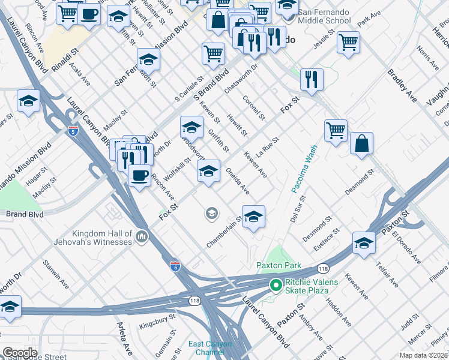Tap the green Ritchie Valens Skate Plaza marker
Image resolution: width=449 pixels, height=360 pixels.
pos(276,285)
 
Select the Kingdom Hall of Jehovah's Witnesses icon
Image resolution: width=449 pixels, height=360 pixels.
pos(142,237)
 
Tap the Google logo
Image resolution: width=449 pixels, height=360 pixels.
pos(19,353)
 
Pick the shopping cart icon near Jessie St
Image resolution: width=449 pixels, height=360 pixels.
pos(348,43)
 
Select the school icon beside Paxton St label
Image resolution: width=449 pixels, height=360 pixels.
pos(364,243)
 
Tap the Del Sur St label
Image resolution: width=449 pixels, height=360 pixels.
pos(298,209)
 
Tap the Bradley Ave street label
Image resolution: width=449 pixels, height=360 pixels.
pos(402,87)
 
